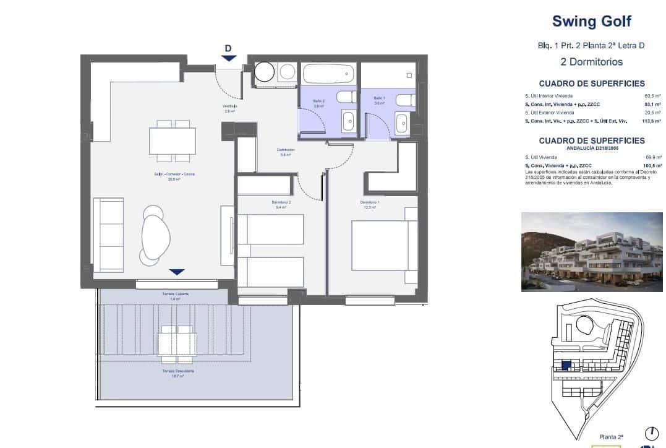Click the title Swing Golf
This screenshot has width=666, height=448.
point(591,22)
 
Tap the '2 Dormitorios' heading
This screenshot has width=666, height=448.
point(591,62)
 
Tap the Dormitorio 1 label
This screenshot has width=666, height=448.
point(370,203)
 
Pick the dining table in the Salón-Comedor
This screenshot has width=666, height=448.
point(173,140)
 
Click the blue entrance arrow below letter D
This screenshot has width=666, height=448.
point(228,58)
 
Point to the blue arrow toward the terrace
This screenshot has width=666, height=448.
point(177,272)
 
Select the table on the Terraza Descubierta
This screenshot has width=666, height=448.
point(177,345)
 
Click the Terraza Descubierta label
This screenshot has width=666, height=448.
point(178,371)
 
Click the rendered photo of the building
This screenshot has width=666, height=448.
point(592,251)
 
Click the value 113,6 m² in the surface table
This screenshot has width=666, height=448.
point(652,122)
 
